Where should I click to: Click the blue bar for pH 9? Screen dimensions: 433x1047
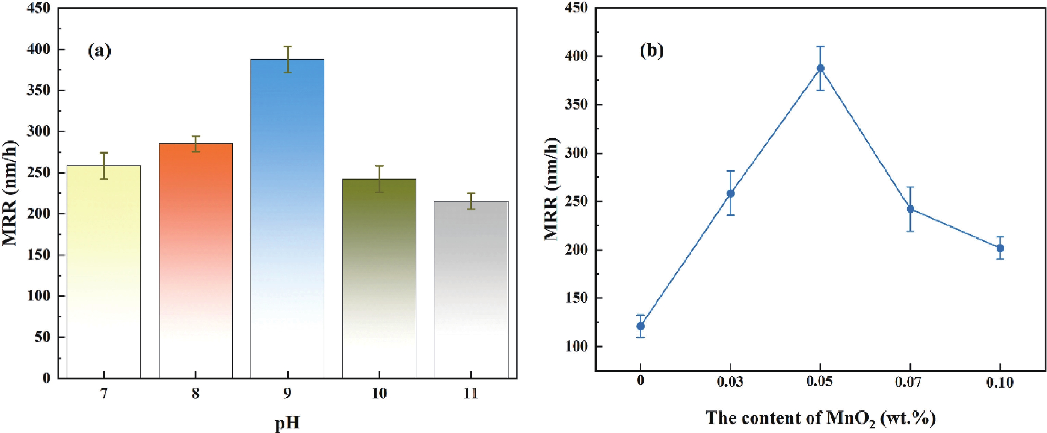[x=288, y=219]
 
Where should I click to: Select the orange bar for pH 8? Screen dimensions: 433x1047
[x=195, y=260]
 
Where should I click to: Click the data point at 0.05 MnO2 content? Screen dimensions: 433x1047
[x=821, y=68]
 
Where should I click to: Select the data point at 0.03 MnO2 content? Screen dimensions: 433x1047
[x=730, y=193]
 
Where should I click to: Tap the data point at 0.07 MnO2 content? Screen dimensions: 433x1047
[x=910, y=209]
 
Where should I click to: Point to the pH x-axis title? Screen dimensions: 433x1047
[x=288, y=423]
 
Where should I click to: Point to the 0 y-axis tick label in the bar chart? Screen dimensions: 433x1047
[x=46, y=378]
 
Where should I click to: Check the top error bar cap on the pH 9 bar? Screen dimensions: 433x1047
[x=288, y=46]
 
